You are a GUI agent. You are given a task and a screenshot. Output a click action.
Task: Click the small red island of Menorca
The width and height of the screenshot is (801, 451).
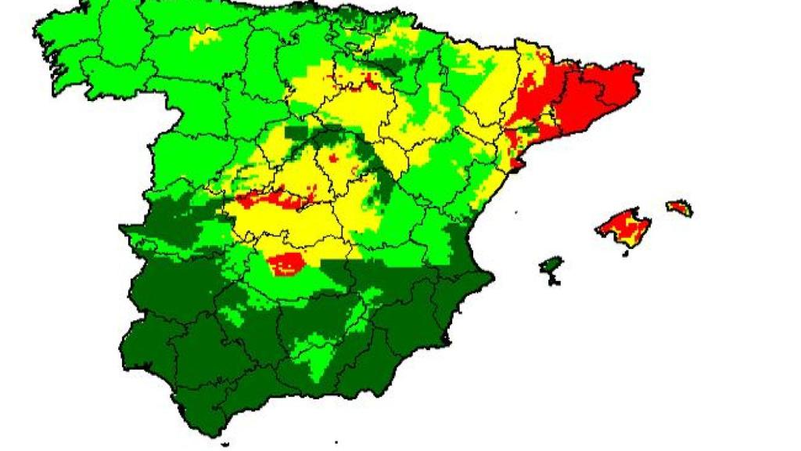coord(679,208)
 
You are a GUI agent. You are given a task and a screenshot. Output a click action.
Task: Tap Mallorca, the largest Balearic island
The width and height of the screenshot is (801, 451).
coord(624,227)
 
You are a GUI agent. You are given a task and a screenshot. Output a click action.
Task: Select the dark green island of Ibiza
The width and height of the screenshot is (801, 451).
coord(551,267)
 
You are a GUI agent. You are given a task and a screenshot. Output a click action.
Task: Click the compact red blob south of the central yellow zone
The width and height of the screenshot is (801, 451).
coord(287,264)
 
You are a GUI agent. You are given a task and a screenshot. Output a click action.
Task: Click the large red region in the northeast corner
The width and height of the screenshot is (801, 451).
coord(587,98)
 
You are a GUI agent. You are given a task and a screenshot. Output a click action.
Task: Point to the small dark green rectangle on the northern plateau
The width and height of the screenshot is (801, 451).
coord(296,133)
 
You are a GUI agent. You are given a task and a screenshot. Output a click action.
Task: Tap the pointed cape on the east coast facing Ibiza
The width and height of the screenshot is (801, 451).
coord(492,276)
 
